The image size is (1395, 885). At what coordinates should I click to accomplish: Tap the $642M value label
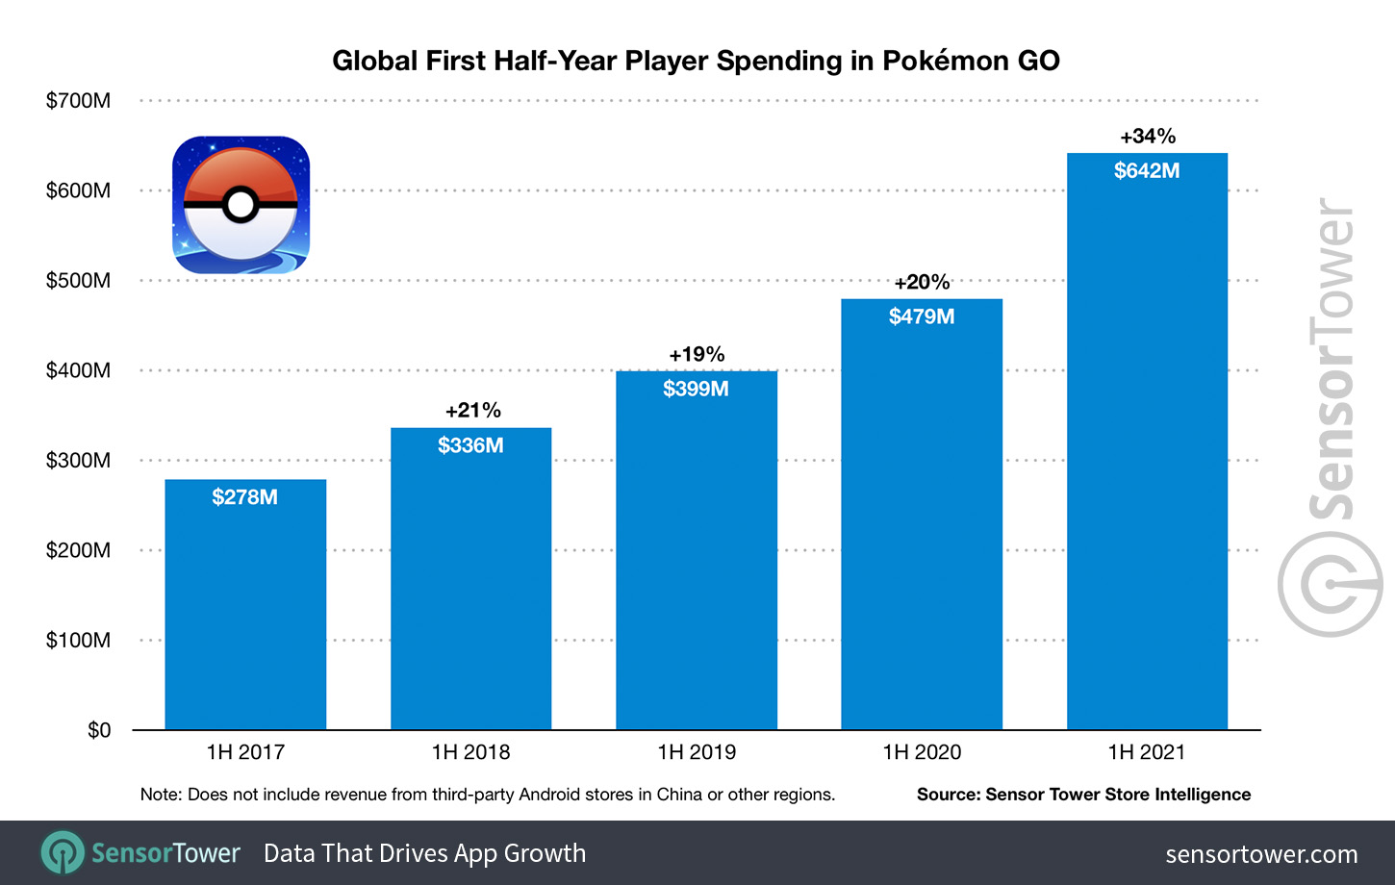[x=1146, y=171]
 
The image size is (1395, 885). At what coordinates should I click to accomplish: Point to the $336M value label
[x=470, y=445]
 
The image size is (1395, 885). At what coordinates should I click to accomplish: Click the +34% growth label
[x=1147, y=137]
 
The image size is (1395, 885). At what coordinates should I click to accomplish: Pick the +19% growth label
[x=697, y=355]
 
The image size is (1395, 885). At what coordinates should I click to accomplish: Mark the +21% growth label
[x=472, y=411]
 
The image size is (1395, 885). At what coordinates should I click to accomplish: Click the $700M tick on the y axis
[x=78, y=101]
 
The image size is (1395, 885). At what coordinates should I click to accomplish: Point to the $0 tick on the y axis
[x=98, y=731]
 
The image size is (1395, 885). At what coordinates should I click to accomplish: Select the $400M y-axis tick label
[x=78, y=371]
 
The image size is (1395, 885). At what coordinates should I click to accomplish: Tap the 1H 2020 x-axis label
[x=922, y=752]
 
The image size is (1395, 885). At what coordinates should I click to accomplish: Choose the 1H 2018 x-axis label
[x=470, y=752]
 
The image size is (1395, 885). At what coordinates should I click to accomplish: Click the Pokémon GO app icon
[x=241, y=205]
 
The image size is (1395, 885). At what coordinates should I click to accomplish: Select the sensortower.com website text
[x=1260, y=854]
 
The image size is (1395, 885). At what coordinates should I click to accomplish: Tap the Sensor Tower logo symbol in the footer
[x=63, y=853]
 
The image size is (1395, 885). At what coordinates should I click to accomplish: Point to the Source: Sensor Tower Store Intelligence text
[x=1083, y=795]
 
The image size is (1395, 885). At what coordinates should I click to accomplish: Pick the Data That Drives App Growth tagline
[x=424, y=853]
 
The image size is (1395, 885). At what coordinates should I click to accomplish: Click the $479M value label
[x=921, y=316]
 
